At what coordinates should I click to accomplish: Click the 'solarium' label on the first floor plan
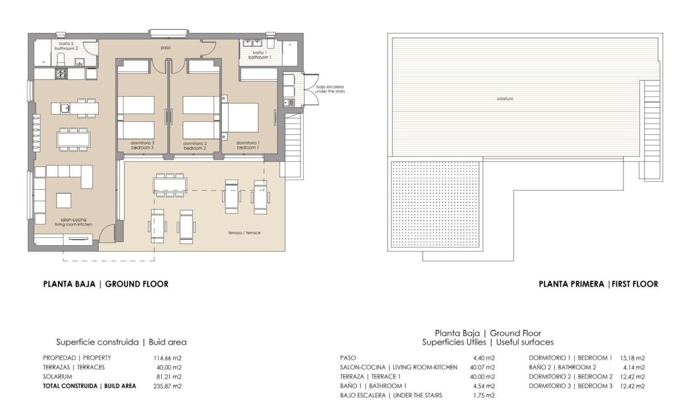(x=505, y=99)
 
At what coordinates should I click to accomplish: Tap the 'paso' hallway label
(x=166, y=48)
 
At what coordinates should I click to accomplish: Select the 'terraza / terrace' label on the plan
(x=244, y=233)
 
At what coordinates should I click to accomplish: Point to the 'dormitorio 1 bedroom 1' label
(x=248, y=145)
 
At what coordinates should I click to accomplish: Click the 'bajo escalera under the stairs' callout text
(x=330, y=89)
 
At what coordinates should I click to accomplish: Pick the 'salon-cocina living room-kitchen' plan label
(x=74, y=222)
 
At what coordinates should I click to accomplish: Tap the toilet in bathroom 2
(x=61, y=59)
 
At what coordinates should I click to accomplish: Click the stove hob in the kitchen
(x=61, y=74)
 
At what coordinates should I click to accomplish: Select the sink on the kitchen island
(x=65, y=108)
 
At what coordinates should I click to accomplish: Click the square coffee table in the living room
(x=63, y=200)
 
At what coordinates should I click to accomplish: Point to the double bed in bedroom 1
(x=240, y=118)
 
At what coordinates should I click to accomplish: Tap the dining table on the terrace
(x=170, y=185)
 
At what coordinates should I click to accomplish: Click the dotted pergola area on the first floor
(x=436, y=204)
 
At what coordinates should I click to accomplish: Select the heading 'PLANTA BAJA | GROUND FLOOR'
(x=106, y=284)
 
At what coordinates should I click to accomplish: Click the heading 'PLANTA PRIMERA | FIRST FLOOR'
(x=598, y=284)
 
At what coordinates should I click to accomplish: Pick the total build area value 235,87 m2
(x=167, y=386)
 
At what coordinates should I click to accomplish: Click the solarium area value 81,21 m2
(x=169, y=377)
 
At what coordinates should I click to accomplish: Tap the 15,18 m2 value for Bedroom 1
(x=633, y=358)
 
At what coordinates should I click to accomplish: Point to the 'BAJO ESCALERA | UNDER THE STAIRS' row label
(x=391, y=396)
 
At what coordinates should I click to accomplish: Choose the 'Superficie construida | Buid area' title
(x=121, y=342)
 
